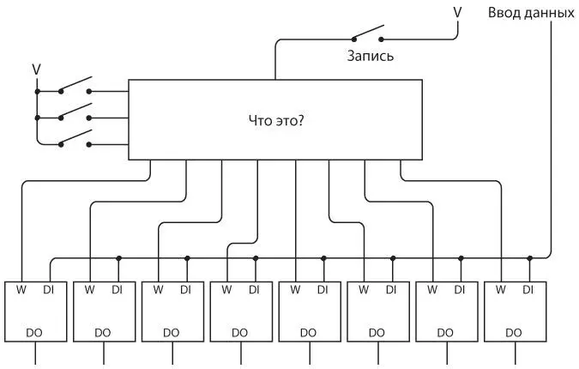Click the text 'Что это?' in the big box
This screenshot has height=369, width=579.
(275, 120)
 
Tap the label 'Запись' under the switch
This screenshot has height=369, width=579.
(370, 57)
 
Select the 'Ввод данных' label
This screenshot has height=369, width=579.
(531, 13)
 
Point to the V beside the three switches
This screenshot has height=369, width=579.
(36, 68)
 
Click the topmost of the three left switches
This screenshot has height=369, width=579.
(75, 86)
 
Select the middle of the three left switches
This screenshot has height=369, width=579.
(75, 113)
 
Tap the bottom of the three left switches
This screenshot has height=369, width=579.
(75, 140)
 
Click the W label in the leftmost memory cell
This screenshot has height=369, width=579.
(21, 290)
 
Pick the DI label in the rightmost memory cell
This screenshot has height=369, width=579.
(528, 290)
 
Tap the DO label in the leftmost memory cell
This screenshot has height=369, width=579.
(33, 332)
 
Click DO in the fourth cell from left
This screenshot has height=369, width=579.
(239, 332)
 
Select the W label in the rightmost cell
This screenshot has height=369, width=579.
(501, 290)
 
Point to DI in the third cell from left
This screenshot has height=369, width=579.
(185, 290)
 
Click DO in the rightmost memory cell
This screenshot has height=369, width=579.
(514, 332)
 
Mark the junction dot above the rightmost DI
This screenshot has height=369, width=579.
(530, 257)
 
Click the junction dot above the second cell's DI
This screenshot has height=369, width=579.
(118, 257)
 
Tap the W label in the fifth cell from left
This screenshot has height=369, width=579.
(295, 290)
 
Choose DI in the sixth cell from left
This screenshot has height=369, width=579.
(391, 290)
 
